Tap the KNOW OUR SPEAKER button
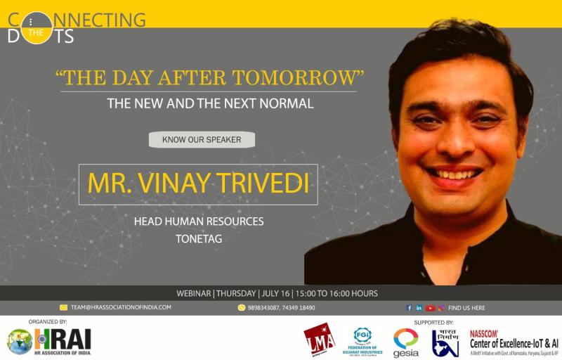(202, 139)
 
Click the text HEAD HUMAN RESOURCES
(199, 221)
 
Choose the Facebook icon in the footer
(410, 307)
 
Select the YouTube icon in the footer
(429, 307)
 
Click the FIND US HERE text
(466, 307)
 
